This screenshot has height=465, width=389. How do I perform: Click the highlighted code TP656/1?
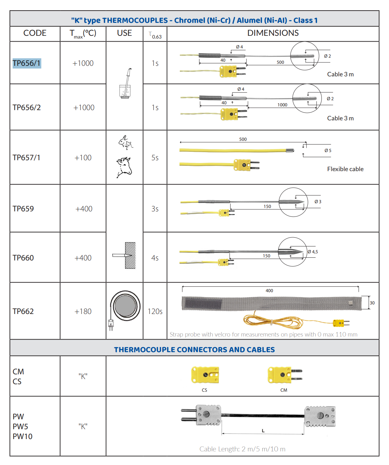pos(27,63)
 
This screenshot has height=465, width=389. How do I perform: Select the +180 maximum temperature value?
pos(83,311)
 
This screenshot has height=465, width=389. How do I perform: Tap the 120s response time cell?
pos(155,311)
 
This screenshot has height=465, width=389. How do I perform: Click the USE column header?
pos(125,33)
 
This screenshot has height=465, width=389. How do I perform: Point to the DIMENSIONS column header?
pos(273,33)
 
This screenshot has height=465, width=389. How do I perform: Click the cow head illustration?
pos(124,167)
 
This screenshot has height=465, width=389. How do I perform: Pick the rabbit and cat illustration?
pos(126,142)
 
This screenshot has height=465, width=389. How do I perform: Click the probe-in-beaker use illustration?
pos(125,83)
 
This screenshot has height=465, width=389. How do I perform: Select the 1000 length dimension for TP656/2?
pos(282,105)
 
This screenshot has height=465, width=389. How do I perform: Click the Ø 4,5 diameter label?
pos(313,252)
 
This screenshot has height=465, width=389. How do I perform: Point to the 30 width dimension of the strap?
pos(372,303)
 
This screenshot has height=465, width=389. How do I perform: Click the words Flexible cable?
pos(345,169)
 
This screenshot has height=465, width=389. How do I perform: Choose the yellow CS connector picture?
pos(205,375)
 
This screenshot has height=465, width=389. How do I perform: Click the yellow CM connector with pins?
pos(285,375)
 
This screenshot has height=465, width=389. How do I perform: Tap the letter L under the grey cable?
pos(263,431)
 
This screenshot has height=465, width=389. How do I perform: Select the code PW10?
pos(23,436)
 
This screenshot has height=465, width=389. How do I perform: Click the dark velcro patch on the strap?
pos(203,304)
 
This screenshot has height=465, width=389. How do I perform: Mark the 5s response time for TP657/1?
pos(155,158)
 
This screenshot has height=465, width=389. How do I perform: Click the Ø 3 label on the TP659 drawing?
pos(318,201)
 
